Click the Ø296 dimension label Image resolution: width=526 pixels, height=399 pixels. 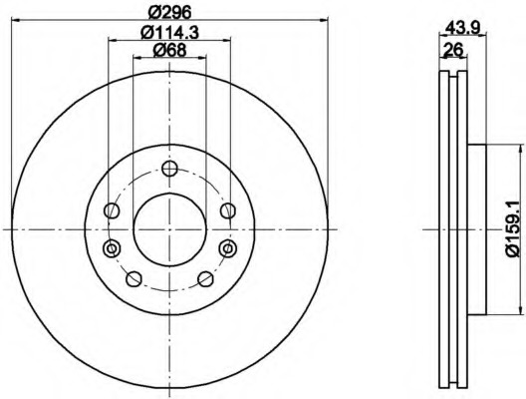pyautogui.click(x=169, y=13)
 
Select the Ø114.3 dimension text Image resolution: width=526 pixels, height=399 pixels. pyautogui.click(x=169, y=33)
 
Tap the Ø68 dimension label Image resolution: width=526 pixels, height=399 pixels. pyautogui.click(x=169, y=51)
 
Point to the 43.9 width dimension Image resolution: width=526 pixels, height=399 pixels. pyautogui.click(x=462, y=27)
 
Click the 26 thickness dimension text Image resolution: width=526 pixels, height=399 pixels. pyautogui.click(x=453, y=50)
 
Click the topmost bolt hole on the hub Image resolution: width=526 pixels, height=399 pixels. pyautogui.click(x=169, y=169)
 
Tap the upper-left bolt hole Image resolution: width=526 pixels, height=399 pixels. pyautogui.click(x=112, y=210)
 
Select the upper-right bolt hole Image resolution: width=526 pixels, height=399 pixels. pyautogui.click(x=228, y=210)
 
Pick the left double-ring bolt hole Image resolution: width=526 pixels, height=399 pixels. pyautogui.click(x=112, y=248)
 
